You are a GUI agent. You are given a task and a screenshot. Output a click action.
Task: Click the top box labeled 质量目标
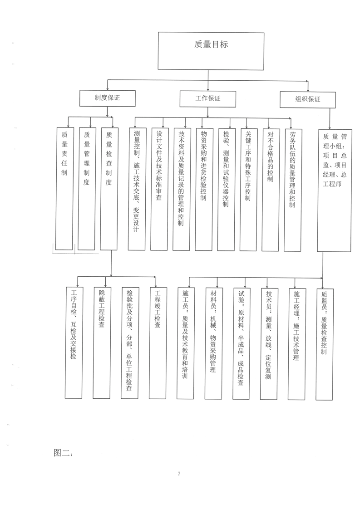[211, 51]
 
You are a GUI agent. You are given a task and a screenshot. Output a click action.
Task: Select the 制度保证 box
[108, 98]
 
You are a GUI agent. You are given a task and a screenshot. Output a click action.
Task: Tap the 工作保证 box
[208, 99]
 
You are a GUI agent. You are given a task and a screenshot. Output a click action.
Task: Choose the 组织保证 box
[308, 100]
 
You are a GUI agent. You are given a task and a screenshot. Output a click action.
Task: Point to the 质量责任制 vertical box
[64, 189]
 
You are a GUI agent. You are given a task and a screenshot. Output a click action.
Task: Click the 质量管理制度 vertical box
[86, 189]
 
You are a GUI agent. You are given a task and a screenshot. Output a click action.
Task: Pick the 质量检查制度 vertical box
[109, 189]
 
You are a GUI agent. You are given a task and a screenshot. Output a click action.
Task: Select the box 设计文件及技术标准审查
[159, 189]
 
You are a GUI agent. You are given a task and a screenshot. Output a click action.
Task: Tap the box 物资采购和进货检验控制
[204, 190]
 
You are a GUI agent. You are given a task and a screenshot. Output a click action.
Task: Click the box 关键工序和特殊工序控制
[248, 190]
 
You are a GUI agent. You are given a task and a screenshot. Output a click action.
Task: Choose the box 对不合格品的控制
[270, 190]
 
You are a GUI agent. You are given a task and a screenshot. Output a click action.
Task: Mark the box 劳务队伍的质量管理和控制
[292, 190]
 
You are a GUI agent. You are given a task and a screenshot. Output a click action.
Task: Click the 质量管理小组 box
[334, 191]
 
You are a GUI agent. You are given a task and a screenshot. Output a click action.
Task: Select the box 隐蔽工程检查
[102, 343]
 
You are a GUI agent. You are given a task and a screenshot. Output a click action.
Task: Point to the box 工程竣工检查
[158, 343]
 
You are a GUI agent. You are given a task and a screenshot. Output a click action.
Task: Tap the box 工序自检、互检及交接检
[74, 343]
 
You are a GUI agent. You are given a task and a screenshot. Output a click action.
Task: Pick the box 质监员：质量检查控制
[324, 344]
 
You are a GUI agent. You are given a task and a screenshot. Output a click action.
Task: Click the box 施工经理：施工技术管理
[296, 344]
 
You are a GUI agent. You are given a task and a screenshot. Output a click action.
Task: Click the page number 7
[179, 474]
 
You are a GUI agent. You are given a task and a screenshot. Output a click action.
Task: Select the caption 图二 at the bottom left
[63, 453]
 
